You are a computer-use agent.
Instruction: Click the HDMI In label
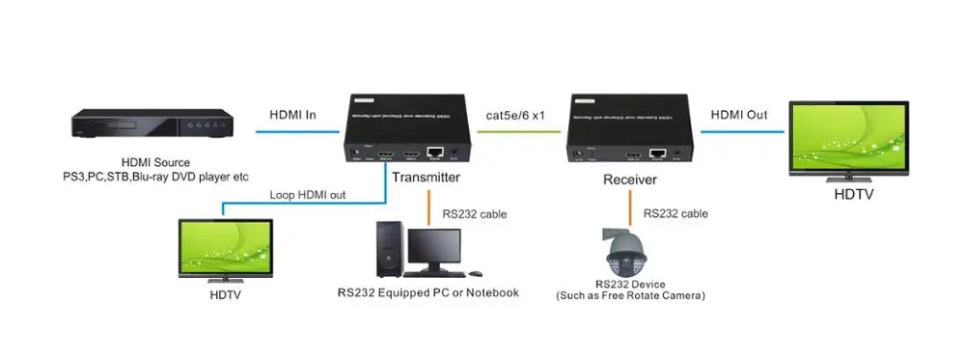pyautogui.click(x=291, y=115)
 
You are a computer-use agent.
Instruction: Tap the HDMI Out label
pyautogui.click(x=739, y=115)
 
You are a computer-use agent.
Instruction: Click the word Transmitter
pyautogui.click(x=426, y=178)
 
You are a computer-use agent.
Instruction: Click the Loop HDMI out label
pyautogui.click(x=307, y=195)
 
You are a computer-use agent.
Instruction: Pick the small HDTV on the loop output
pyautogui.click(x=226, y=249)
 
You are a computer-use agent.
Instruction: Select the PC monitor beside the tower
pyautogui.click(x=432, y=250)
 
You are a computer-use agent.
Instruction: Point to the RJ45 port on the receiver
pyautogui.click(x=659, y=152)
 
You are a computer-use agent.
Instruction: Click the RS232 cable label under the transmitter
pyautogui.click(x=474, y=214)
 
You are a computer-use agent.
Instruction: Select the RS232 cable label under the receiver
pyautogui.click(x=675, y=214)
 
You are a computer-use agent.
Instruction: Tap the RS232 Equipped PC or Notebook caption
pyautogui.click(x=427, y=292)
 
